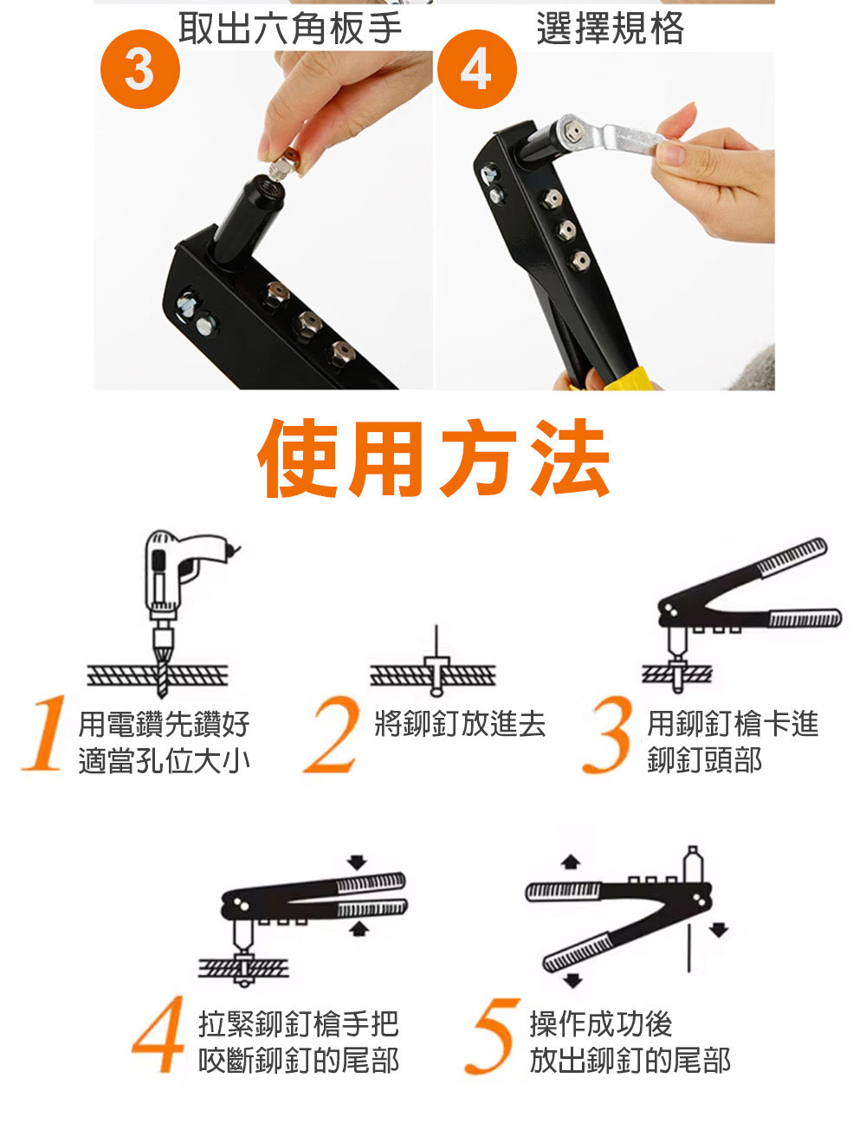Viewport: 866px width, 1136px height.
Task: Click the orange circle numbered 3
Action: [139, 68]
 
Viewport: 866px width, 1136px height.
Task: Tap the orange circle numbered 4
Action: [477, 68]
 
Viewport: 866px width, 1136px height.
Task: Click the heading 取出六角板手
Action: [290, 29]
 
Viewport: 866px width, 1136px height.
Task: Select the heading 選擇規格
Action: [610, 29]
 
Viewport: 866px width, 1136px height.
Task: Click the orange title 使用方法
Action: [434, 458]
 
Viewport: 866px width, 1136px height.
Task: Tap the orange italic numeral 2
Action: [332, 734]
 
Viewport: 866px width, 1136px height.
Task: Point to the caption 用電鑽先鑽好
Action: [164, 724]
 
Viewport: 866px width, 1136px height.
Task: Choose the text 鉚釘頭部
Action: [705, 760]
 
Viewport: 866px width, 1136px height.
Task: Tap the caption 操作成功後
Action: [601, 1023]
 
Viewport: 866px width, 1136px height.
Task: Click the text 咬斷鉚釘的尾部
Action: [299, 1060]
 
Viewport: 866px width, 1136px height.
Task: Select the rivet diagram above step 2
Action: [434, 662]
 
